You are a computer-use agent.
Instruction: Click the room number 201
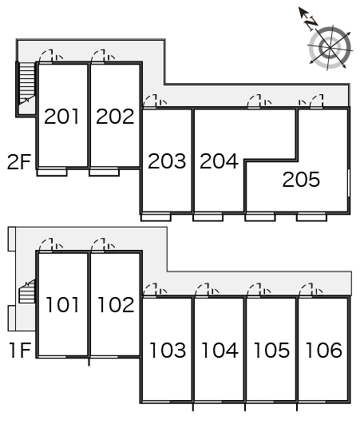pos(61,117)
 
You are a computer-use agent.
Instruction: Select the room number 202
pos(115,117)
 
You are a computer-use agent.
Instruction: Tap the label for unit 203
pos(167,161)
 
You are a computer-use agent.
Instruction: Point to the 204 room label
pos(219,161)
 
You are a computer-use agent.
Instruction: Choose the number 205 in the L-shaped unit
pos(301,180)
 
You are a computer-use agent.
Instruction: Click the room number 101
pos(62,305)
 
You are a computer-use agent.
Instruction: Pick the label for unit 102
pos(116,305)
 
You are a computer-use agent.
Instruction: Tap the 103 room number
pos(168,351)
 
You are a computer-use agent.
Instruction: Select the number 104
pos(220,351)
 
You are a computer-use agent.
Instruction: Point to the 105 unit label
pos(271,351)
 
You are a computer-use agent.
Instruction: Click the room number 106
pos(324,351)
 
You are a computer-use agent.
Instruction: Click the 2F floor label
pos(19,162)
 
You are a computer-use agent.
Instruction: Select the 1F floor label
pos(21,351)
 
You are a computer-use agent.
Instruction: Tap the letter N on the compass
pos(311,22)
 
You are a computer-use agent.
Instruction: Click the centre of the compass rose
pos(330,48)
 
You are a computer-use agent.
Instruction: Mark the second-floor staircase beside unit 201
pos(27,84)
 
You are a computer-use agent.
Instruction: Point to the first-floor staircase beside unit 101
pos(27,291)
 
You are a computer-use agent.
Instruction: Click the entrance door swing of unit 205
pos(317,101)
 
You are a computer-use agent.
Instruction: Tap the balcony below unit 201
pos(52,172)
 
